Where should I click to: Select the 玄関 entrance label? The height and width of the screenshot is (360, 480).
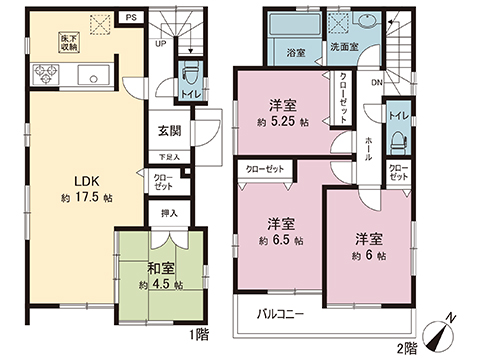tap(169, 130)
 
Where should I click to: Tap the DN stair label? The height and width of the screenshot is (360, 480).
tap(376, 83)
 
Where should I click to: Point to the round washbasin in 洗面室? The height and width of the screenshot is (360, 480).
tap(362, 25)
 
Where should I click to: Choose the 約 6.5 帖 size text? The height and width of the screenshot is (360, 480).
tap(280, 240)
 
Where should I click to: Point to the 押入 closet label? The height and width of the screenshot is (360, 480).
tap(170, 213)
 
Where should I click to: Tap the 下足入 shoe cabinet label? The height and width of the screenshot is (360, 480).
tap(170, 157)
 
